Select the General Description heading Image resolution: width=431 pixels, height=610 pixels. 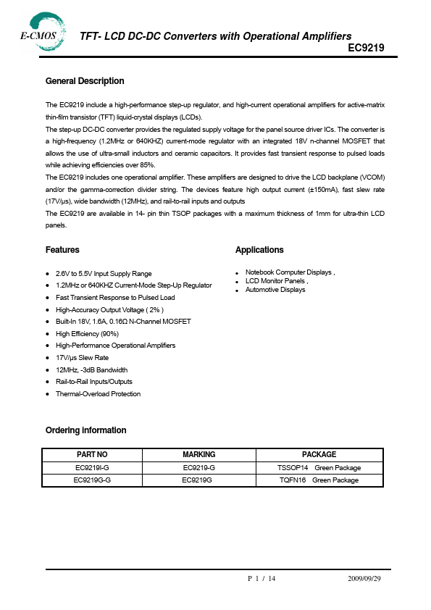tap(85, 81)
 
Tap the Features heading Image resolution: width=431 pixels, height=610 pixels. tap(62, 250)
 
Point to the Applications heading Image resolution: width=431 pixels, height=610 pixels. tap(259, 250)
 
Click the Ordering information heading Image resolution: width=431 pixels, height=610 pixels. tap(85, 430)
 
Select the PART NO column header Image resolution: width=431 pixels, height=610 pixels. tap(92, 454)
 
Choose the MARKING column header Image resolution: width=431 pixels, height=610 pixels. tap(198, 454)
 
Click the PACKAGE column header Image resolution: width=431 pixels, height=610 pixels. tap(319, 454)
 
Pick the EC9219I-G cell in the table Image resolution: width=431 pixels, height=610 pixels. tap(92, 468)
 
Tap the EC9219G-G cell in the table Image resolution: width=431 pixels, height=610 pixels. tap(92, 480)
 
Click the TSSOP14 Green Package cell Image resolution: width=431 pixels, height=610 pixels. tap(319, 468)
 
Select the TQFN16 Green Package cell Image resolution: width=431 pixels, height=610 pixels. tap(319, 480)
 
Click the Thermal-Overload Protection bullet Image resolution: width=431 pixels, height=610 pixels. tap(98, 394)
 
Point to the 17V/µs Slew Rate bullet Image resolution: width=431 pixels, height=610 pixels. tap(82, 358)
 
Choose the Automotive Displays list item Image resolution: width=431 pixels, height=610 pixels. tap(275, 290)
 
